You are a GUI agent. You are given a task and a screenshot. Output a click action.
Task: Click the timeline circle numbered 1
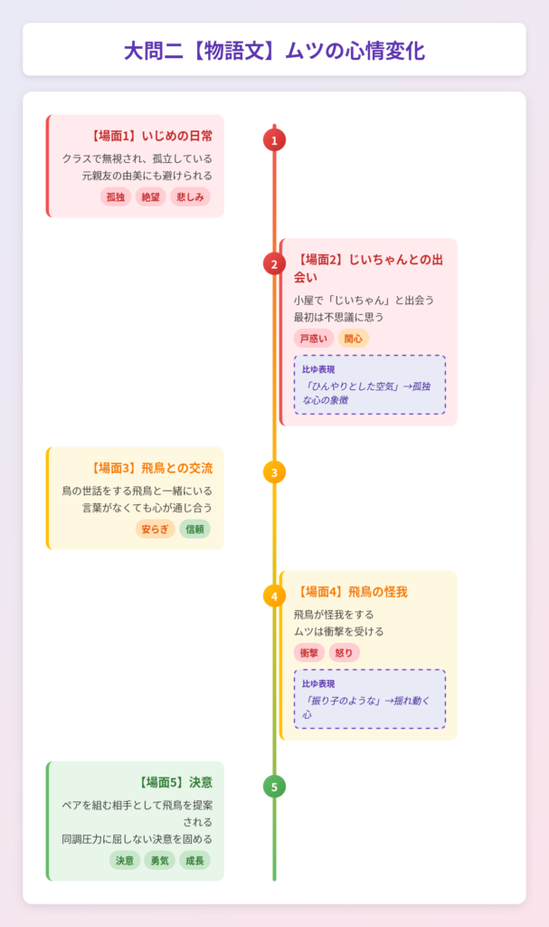[274, 139]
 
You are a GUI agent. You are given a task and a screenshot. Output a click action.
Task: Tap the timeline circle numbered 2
[274, 263]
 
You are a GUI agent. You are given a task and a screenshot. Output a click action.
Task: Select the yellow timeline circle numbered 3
[274, 472]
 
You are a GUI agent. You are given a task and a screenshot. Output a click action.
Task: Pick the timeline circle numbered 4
[274, 596]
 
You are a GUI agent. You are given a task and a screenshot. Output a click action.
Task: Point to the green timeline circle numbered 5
[274, 786]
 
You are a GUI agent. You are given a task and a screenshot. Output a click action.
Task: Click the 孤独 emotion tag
[116, 196]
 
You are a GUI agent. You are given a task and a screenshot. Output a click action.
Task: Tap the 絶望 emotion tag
[151, 196]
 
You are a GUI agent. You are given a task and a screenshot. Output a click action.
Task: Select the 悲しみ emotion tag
[190, 196]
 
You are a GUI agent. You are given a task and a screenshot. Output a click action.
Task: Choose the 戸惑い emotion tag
[314, 339]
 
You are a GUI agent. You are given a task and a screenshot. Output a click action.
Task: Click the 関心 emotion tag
[354, 339]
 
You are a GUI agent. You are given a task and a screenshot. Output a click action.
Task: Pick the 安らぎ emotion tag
[155, 529]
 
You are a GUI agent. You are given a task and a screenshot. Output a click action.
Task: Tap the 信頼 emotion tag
[194, 529]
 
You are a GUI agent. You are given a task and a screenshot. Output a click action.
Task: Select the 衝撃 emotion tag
[309, 653]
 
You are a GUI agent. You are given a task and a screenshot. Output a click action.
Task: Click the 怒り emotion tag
[345, 653]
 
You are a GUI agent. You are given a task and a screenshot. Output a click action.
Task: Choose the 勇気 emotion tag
[159, 860]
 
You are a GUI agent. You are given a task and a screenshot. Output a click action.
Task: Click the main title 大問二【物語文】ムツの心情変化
[274, 50]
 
